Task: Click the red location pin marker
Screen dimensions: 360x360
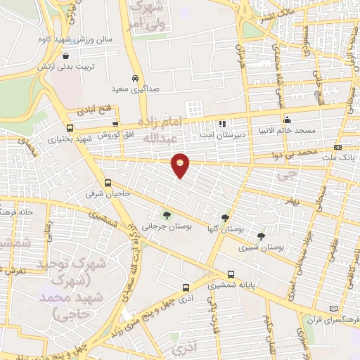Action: [181, 165]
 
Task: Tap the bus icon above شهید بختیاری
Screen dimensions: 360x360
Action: [69, 128]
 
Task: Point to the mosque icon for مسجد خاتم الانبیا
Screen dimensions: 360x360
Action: [287, 120]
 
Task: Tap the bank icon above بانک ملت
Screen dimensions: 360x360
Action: [338, 147]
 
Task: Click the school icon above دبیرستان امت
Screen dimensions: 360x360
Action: [222, 123]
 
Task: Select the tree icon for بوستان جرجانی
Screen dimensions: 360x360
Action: [167, 215]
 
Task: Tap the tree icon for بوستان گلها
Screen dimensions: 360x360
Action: [225, 218]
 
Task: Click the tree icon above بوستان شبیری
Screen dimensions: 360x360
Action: [262, 236]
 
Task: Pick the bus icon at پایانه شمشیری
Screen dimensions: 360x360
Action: [231, 274]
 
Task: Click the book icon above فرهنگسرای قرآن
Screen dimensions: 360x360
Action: [333, 308]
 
